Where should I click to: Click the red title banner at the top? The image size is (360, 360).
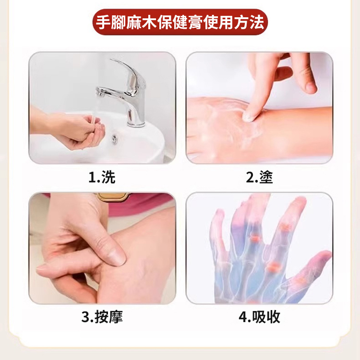coord(180,22)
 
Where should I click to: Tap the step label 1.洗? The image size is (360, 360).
coord(102,177)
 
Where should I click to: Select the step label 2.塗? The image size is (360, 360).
coord(259,177)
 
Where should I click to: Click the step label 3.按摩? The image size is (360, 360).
coord(102,317)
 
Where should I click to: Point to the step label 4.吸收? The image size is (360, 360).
coord(259,317)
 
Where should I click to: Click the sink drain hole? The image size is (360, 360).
coord(114,138)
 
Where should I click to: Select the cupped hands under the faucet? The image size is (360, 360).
coord(79,131)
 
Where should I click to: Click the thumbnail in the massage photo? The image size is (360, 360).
coord(117,257)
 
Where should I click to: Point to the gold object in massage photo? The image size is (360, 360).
coord(112,196)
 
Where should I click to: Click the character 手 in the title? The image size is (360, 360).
coord(103,22)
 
